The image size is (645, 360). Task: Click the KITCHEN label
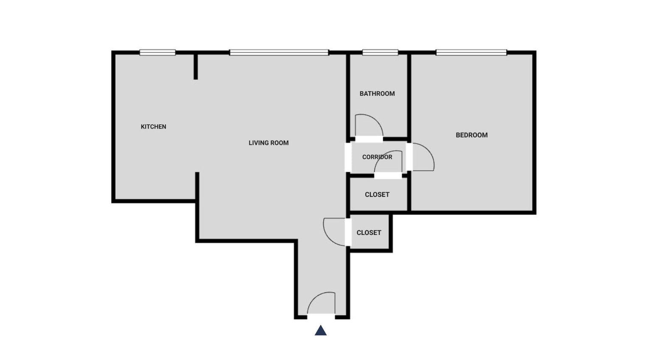tap(154, 127)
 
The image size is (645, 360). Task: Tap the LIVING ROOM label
tap(269, 143)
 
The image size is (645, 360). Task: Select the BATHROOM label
tap(377, 93)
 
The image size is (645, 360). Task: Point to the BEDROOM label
tap(472, 135)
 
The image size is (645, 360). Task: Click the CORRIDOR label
tap(377, 157)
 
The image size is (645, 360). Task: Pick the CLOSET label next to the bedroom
tap(377, 195)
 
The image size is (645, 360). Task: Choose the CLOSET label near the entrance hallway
tap(369, 233)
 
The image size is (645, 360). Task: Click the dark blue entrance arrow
tap(320, 330)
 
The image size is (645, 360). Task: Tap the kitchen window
tap(157, 52)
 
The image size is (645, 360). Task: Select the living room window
tap(279, 52)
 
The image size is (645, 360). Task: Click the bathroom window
tap(380, 52)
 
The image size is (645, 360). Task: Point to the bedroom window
tap(471, 52)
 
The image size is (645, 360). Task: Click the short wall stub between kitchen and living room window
tap(196, 67)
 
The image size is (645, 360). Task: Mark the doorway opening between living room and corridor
tap(348, 157)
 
